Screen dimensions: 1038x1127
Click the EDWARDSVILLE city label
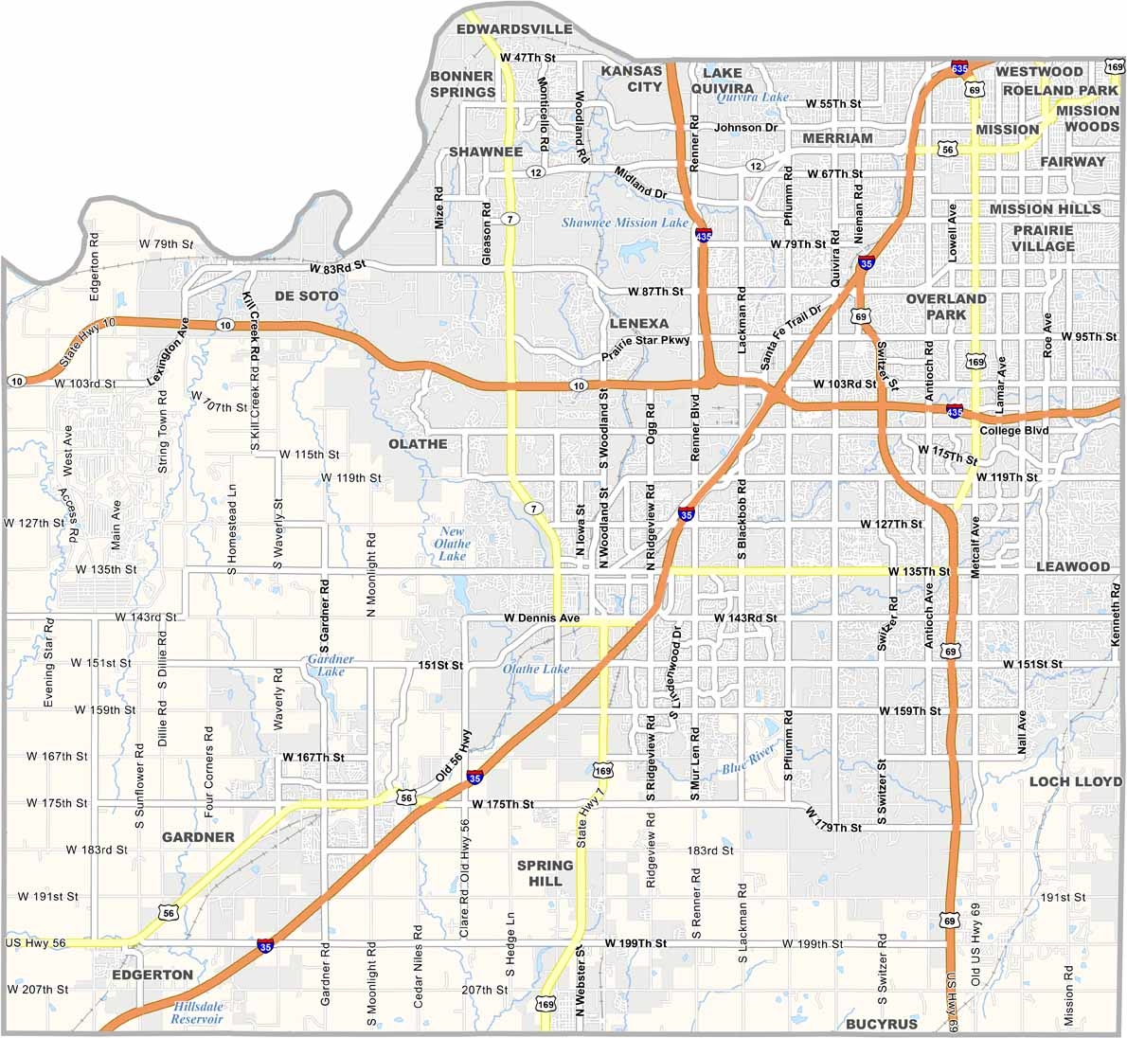pyautogui.click(x=514, y=29)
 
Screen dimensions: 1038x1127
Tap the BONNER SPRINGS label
pyautogui.click(x=462, y=83)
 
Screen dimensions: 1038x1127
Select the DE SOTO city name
pyautogui.click(x=306, y=296)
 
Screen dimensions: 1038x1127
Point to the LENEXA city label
pyautogui.click(x=639, y=323)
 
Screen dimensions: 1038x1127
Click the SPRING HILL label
pyautogui.click(x=545, y=872)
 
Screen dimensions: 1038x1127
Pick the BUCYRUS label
pyautogui.click(x=882, y=1024)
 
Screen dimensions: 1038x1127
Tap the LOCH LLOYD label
pyautogui.click(x=1075, y=781)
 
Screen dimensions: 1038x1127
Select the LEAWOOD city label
pyautogui.click(x=1072, y=566)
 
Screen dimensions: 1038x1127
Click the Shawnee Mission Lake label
pyautogui.click(x=625, y=224)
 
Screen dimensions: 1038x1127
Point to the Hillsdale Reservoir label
pyautogui.click(x=198, y=1012)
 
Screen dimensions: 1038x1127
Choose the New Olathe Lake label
pyautogui.click(x=452, y=544)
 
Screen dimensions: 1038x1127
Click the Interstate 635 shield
pyautogui.click(x=959, y=68)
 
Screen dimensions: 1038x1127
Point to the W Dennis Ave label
pyautogui.click(x=541, y=618)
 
